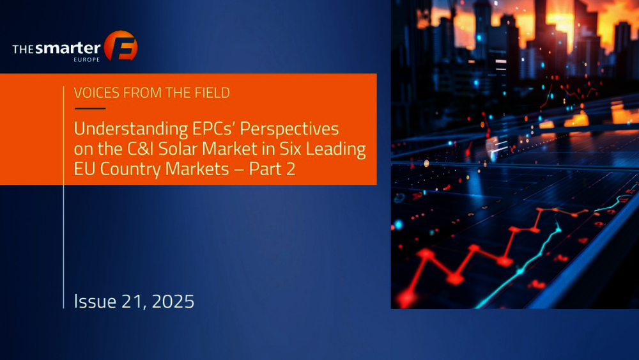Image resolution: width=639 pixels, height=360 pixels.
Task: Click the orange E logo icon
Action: point(121,45)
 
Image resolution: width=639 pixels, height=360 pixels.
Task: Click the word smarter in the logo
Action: point(68,49)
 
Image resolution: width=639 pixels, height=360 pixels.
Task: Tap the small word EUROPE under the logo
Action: point(87,59)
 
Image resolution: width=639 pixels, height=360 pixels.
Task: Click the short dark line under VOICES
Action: point(90,109)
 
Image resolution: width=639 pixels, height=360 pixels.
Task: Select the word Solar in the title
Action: point(178,149)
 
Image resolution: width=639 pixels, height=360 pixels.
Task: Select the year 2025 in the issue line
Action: point(173,302)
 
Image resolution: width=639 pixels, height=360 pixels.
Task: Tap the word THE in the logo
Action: point(23,50)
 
